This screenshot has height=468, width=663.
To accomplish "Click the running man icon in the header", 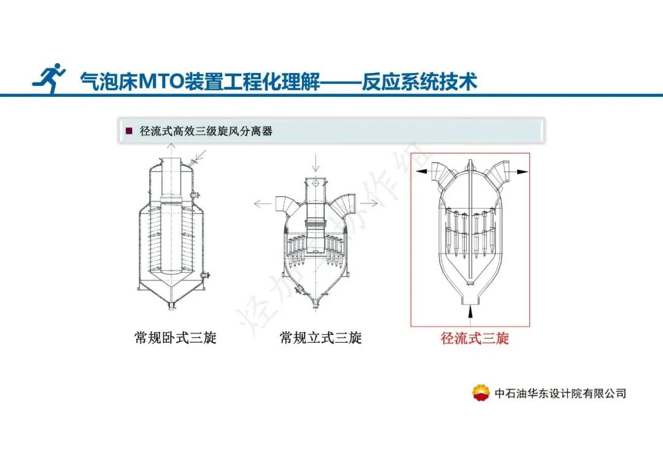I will [49, 78].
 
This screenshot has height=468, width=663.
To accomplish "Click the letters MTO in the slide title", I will [161, 82].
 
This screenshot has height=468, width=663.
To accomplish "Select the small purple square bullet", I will [130, 131].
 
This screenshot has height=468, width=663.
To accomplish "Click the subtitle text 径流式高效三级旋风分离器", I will [206, 131].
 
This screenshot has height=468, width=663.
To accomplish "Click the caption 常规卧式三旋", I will [176, 337].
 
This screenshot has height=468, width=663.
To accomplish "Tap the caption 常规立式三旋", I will [320, 337].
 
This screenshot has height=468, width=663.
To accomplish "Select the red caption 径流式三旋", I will [475, 338].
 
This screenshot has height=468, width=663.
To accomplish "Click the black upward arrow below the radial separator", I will [470, 312].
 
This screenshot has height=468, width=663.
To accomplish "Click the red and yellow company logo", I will [481, 393].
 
